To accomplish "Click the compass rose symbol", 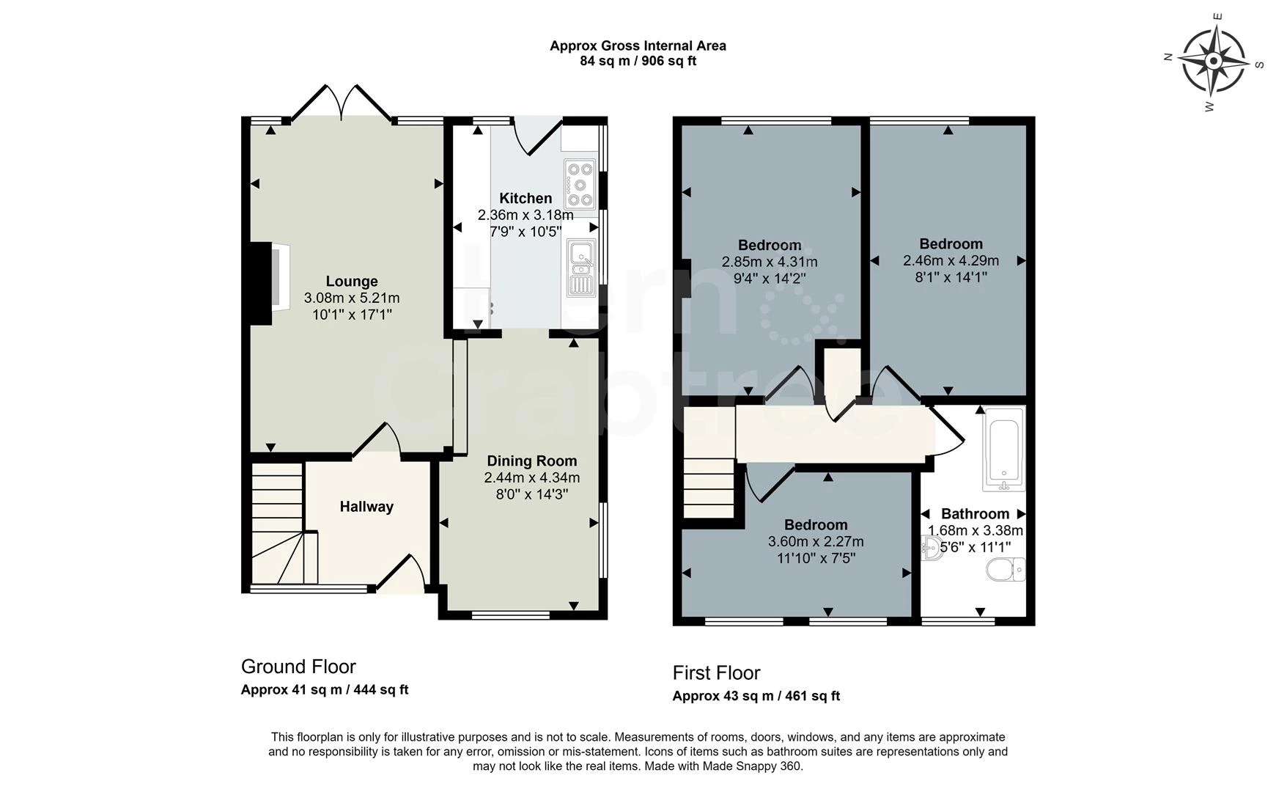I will coord(1214,60).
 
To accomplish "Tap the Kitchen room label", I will coord(525,199).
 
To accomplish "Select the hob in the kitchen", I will coord(579,183).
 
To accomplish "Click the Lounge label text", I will coord(352,282).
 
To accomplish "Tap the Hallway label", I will coord(366,507).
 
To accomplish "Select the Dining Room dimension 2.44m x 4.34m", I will coord(531,478).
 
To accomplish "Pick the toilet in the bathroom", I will coord(1006,570).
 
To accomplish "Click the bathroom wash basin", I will coord(932,548).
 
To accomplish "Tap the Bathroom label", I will coord(975,514).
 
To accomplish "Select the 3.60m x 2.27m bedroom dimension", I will coord(815,542).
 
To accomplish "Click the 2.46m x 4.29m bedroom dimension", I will coord(951,261).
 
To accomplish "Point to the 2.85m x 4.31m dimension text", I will coord(770,263).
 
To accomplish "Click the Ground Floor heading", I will coord(298,667).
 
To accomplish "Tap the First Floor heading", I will coord(716,673).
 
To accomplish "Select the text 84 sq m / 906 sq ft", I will coord(638,62).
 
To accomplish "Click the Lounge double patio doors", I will coord(342,103).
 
